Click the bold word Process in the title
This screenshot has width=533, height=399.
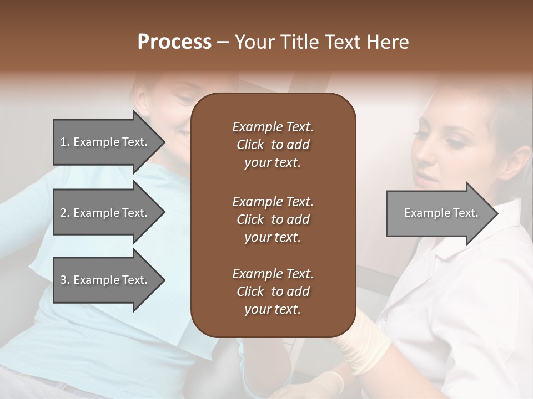[174, 42]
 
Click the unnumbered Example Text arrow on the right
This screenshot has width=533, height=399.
[441, 213]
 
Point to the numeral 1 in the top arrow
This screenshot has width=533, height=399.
[63, 142]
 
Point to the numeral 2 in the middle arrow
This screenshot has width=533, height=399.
[63, 213]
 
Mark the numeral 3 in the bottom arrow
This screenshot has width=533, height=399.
[63, 280]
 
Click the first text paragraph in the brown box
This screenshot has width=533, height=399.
[273, 145]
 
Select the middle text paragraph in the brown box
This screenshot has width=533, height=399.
[273, 219]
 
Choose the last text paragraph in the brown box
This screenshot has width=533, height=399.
[273, 291]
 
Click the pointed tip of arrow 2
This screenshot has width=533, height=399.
[164, 213]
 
